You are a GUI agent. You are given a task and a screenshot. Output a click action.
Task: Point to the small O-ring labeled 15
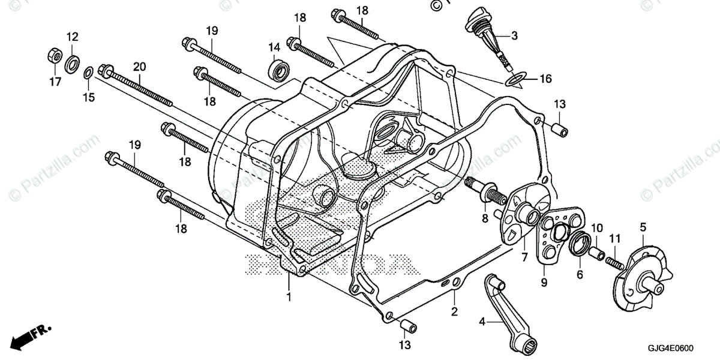coord(87,73)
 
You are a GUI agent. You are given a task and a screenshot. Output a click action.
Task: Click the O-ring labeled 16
coord(515,78)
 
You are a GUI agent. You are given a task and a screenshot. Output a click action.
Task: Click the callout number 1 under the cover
coord(289,296)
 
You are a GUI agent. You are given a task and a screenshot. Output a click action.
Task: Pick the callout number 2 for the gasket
coord(454,311)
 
